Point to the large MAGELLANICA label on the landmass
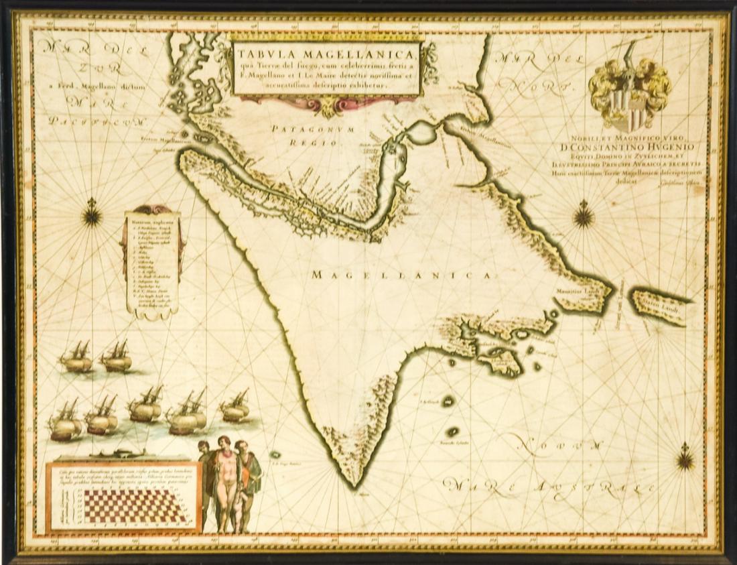tap(402, 275)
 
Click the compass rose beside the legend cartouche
tap(92, 215)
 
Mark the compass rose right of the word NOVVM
tap(685, 458)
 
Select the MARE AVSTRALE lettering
tap(549, 489)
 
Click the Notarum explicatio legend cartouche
tap(153, 261)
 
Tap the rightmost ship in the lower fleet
tap(235, 407)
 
